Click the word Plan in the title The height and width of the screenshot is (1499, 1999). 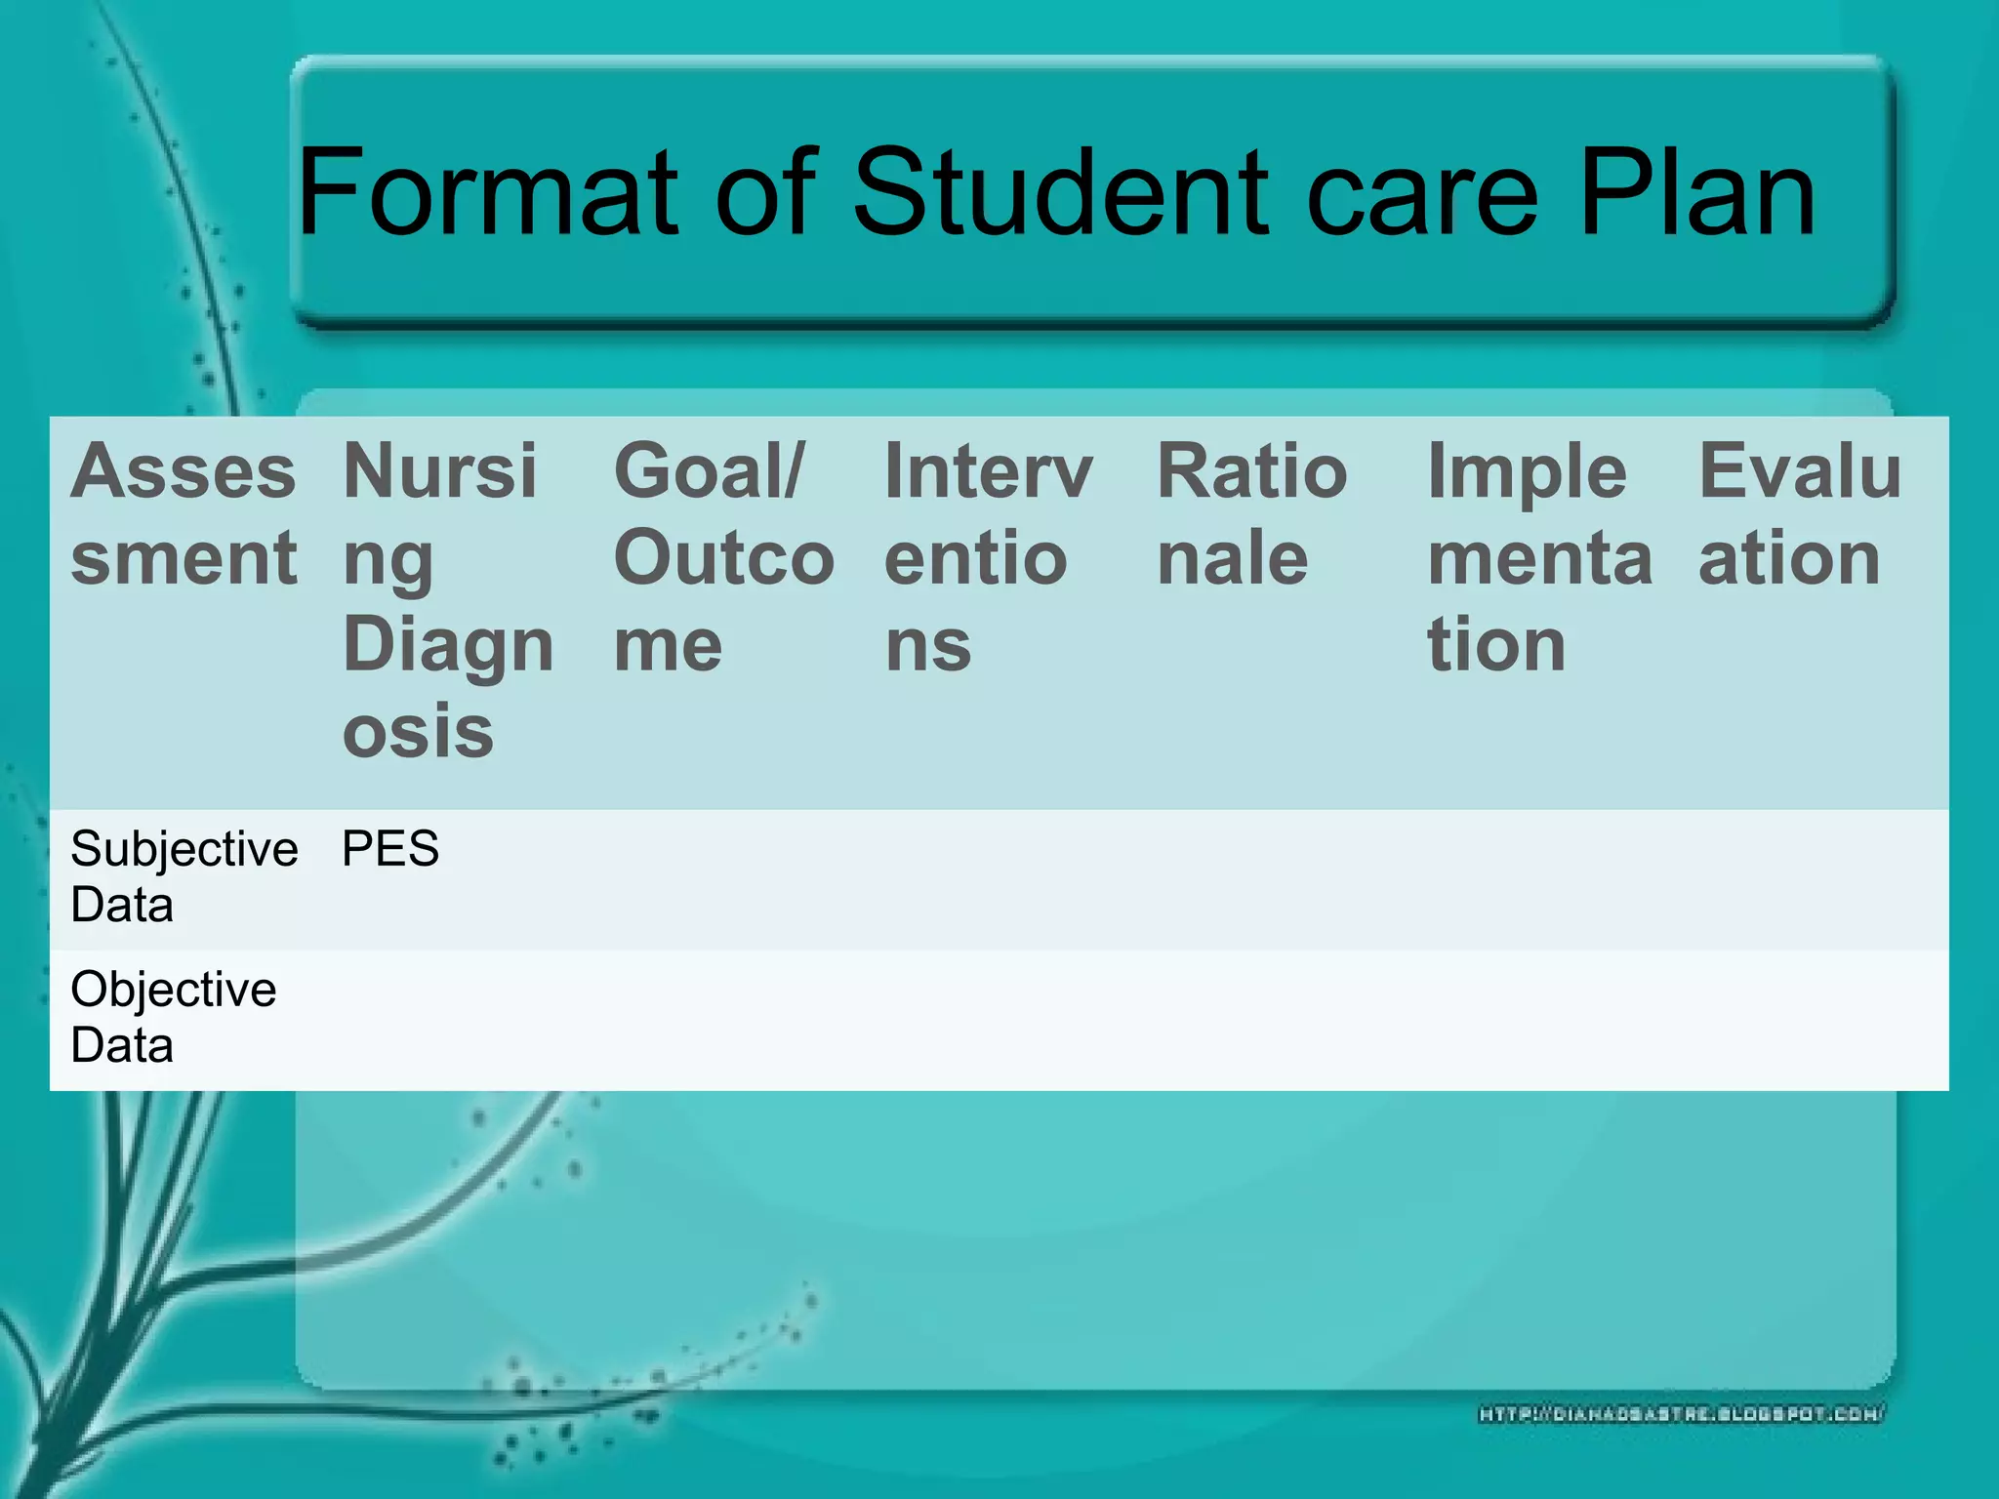(x=1696, y=192)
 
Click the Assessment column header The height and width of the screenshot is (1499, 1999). (x=184, y=514)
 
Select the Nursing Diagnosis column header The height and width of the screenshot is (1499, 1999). (x=447, y=599)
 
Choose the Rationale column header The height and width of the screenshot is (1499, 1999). (x=1251, y=514)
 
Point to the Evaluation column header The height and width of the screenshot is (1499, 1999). (x=1799, y=514)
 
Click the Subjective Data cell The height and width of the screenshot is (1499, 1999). (x=184, y=876)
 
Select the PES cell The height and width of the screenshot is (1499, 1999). (x=390, y=849)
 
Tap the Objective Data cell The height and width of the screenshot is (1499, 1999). (x=173, y=1017)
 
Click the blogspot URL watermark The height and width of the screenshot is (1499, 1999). (x=1681, y=1413)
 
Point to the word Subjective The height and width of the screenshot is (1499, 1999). (x=184, y=849)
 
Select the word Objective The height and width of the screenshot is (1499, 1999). (x=173, y=990)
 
